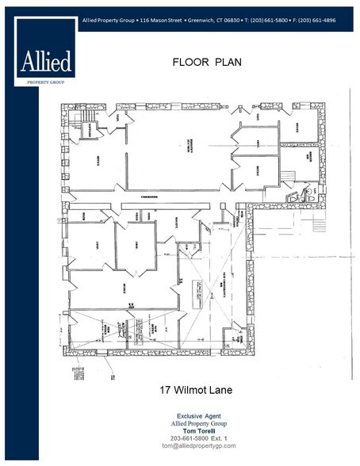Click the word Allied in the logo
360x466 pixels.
[46, 61]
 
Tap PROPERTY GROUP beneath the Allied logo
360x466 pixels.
[46, 79]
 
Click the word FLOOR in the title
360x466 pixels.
[189, 61]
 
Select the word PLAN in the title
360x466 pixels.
[224, 61]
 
